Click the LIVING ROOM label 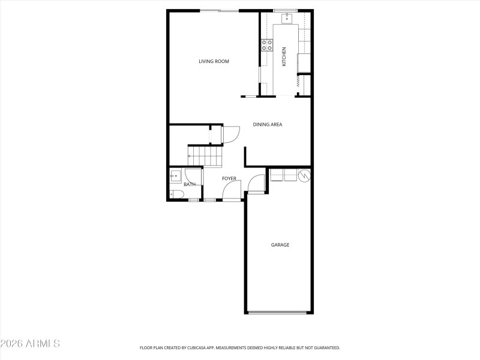click(214, 61)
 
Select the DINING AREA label click(267, 125)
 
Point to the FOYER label click(229, 179)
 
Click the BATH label click(190, 184)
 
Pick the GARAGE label click(280, 245)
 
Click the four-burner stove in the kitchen click(267, 45)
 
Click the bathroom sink click(175, 176)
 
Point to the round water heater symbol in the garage click(304, 175)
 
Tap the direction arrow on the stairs click(191, 156)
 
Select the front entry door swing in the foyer click(232, 191)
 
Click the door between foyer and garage click(256, 183)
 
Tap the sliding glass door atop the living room click(219, 10)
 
